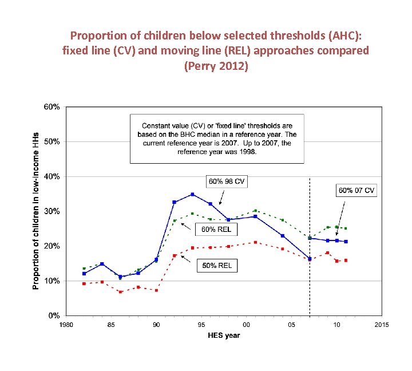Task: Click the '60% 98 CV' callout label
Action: [227, 181]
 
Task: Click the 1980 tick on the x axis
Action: [66, 325]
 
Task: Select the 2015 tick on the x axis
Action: [381, 325]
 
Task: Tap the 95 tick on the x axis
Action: [201, 325]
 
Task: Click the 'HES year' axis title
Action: [224, 335]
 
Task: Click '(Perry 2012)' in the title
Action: [216, 66]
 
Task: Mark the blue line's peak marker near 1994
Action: [192, 194]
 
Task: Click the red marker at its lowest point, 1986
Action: [120, 291]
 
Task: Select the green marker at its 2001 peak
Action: [255, 211]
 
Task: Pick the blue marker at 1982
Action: [84, 274]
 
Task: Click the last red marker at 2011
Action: [345, 261]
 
